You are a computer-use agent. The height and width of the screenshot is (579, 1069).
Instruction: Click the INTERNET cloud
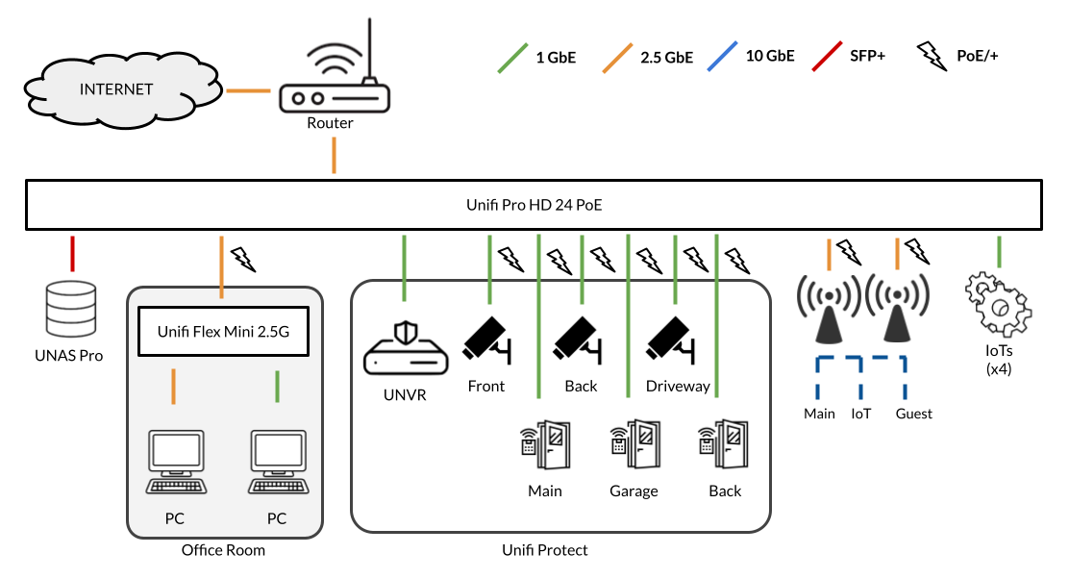115,90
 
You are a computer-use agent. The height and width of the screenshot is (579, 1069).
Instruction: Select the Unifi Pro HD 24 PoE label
534,206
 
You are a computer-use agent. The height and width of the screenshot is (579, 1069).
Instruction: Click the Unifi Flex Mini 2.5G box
223,333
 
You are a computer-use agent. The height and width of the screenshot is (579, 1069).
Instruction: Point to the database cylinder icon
72,309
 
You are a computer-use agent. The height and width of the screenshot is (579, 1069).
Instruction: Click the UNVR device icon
404,348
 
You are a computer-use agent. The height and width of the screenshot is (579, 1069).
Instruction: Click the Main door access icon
544,442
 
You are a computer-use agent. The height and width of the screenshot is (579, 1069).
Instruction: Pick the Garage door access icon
634,442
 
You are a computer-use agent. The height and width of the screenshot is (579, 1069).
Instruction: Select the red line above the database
72,253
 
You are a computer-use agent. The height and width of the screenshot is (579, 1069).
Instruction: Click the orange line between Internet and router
247,91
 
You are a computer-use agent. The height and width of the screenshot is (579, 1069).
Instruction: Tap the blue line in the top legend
722,57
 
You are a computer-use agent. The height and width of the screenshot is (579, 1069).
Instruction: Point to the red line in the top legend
827,57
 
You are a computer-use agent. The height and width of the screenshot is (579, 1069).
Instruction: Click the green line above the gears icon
1000,251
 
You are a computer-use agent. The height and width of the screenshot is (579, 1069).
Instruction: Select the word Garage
634,491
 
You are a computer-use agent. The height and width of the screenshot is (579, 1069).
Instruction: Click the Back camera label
581,387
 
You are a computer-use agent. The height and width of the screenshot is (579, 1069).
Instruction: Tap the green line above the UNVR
404,267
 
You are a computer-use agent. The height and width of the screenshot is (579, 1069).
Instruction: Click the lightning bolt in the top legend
931,55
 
